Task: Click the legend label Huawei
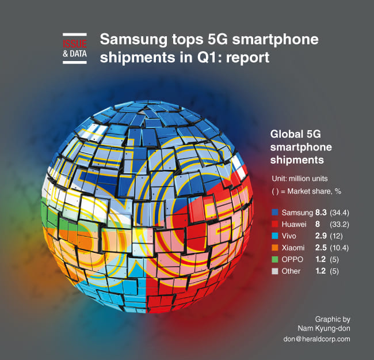tap(293, 225)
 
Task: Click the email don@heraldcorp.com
tap(316, 339)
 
